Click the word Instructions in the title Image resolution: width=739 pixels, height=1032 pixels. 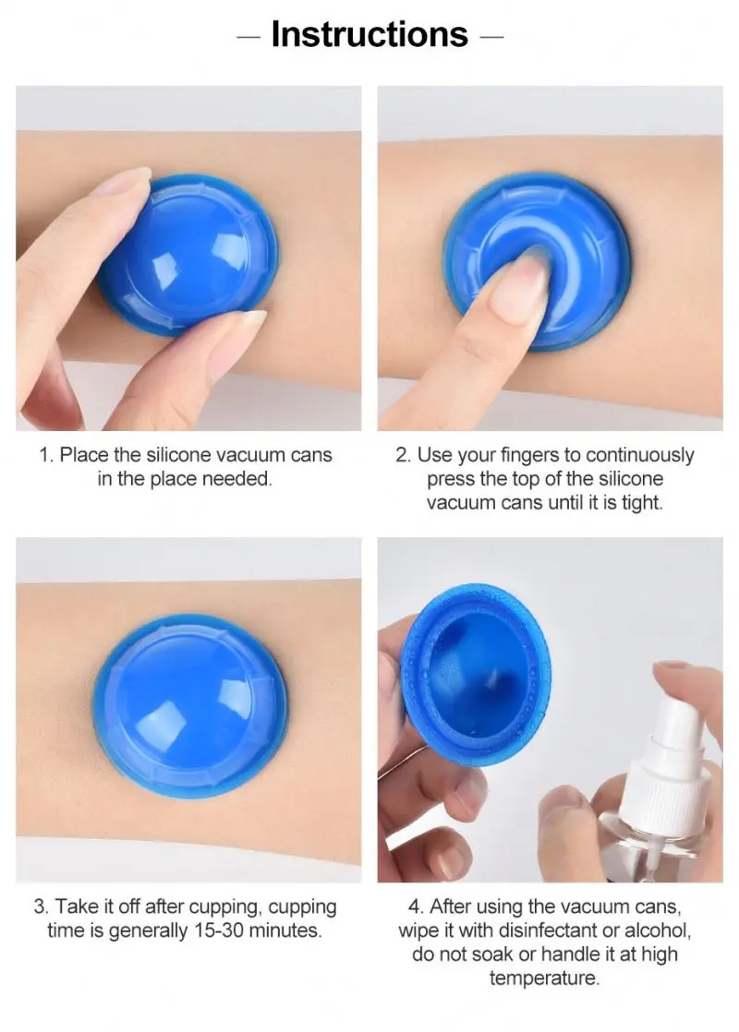coord(369,35)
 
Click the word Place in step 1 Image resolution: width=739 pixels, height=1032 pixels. coord(87,455)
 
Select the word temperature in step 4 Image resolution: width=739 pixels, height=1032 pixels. coord(545,978)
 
